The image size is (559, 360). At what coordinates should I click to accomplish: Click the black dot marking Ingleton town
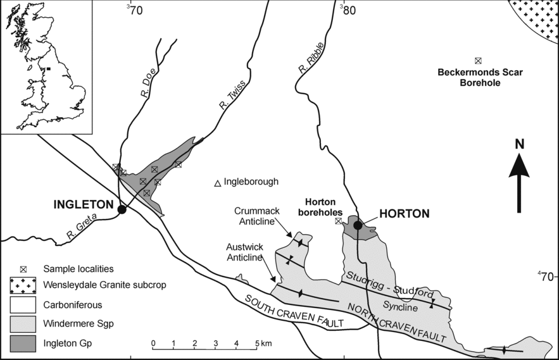(x=122, y=209)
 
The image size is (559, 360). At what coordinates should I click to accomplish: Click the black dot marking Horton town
(x=358, y=225)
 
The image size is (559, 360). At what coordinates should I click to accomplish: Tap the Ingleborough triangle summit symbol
(x=217, y=183)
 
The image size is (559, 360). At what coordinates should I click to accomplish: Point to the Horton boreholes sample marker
(x=338, y=221)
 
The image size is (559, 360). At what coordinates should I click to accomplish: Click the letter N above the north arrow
(x=519, y=144)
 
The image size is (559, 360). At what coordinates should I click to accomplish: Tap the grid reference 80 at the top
(x=348, y=9)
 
